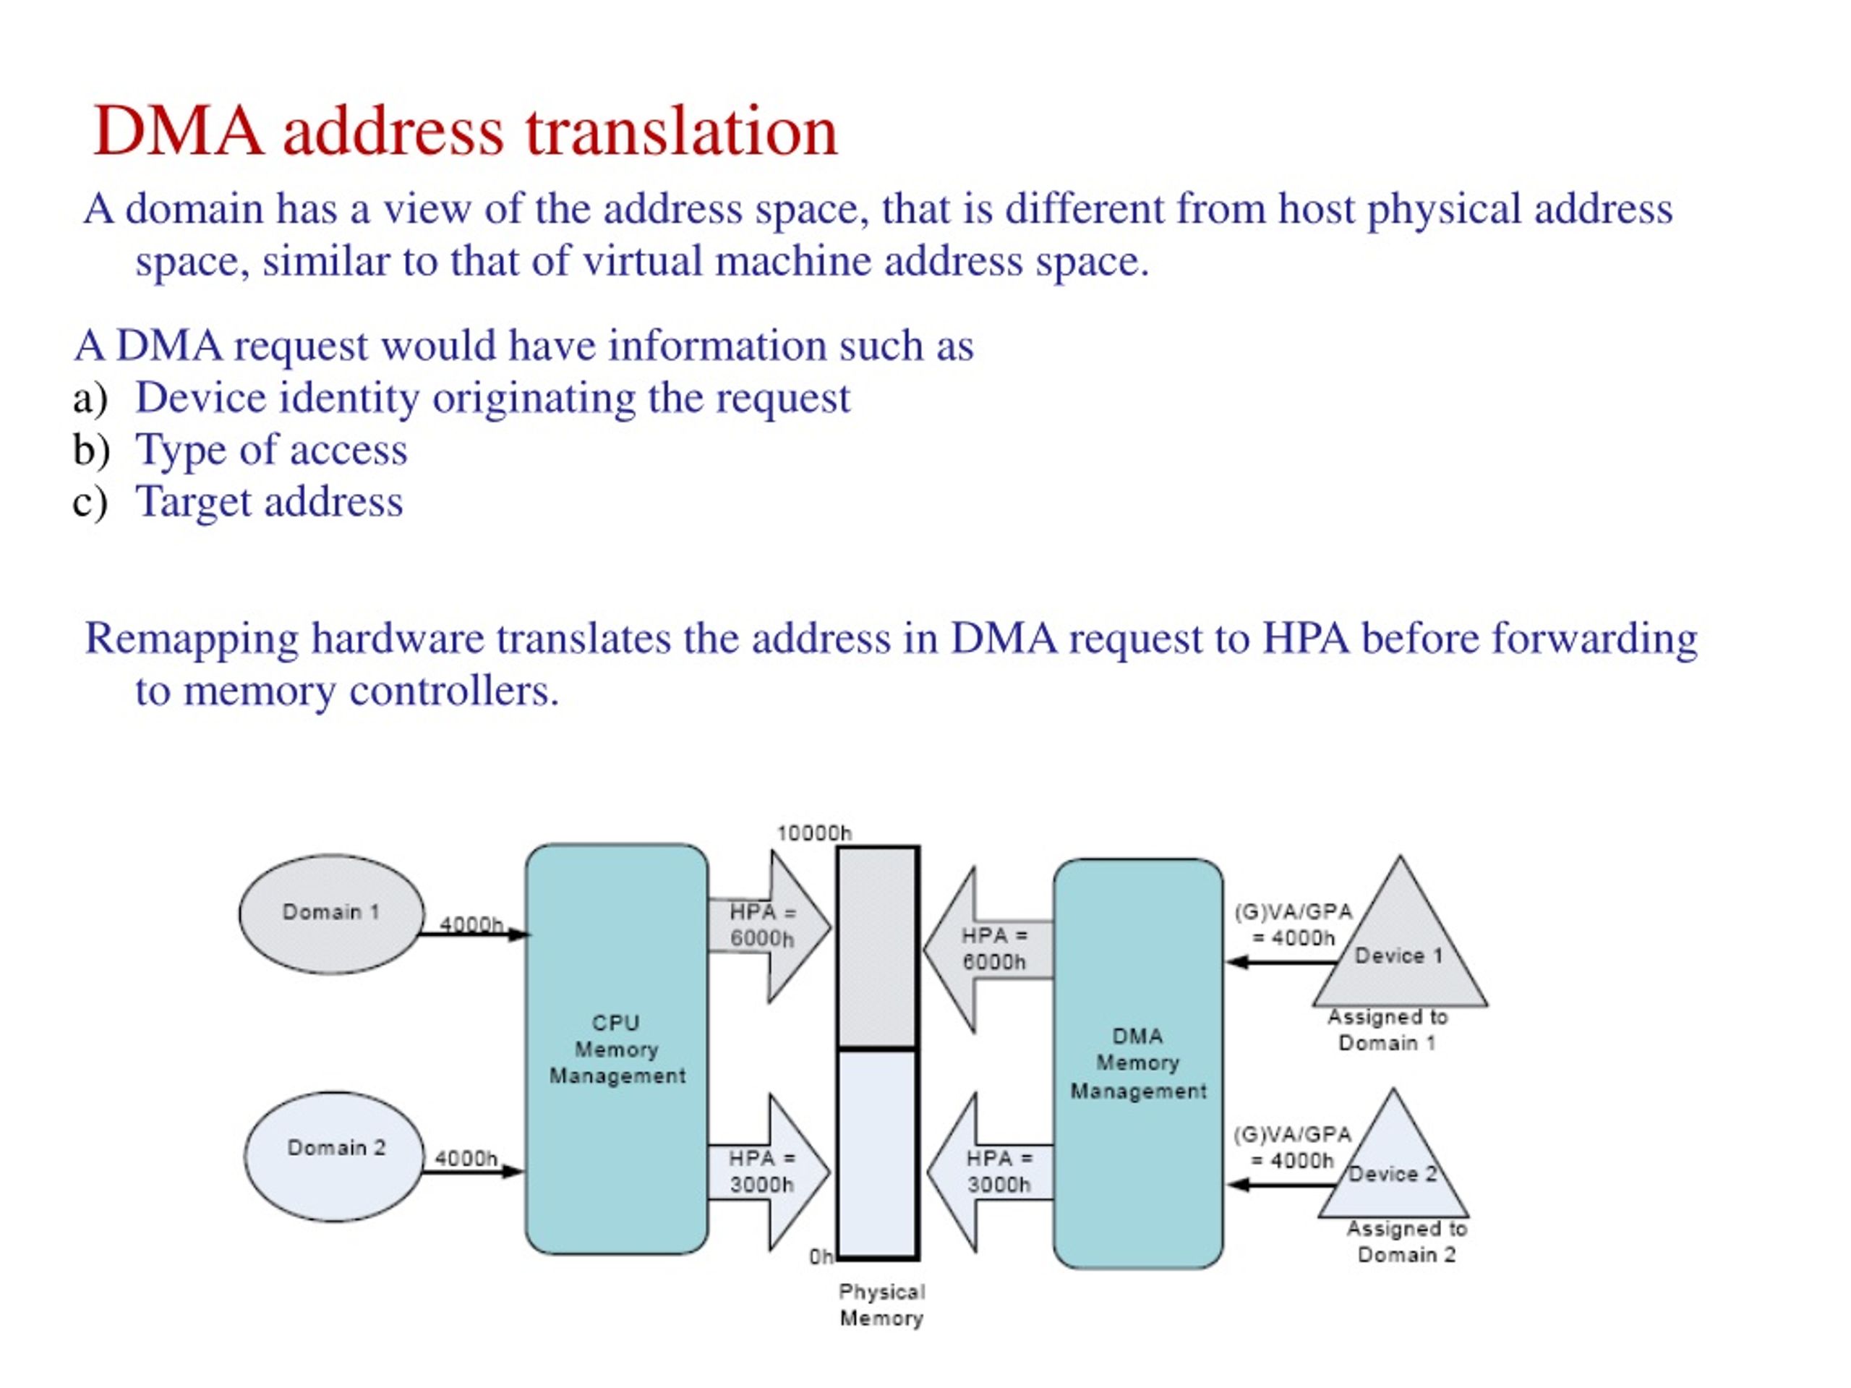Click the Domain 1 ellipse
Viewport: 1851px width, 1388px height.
tap(331, 914)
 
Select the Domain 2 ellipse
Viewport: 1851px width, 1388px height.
tap(335, 1156)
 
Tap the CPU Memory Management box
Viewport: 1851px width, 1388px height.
tap(617, 1049)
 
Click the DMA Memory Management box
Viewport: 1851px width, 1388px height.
tap(1138, 1063)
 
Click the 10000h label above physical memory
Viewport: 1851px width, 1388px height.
tap(813, 833)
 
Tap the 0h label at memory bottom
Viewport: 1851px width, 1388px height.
tap(821, 1256)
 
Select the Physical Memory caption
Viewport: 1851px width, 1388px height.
tap(882, 1305)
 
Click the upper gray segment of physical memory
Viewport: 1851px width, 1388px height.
tap(879, 946)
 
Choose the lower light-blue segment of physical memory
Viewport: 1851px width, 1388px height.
tap(879, 1154)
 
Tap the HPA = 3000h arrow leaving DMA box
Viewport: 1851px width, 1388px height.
tap(990, 1172)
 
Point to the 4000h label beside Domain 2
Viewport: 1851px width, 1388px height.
tap(466, 1159)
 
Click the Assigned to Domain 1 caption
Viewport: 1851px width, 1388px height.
tap(1388, 1030)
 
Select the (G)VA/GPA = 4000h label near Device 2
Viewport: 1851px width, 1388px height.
tap(1293, 1148)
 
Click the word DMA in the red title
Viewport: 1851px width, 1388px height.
tap(179, 132)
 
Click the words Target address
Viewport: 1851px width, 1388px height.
tap(270, 501)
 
